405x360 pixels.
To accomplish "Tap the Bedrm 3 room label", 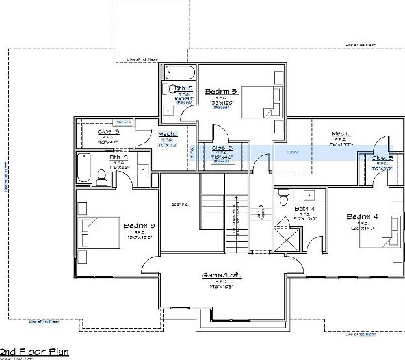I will pos(138,226).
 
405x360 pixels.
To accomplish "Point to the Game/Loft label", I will pos(221,276).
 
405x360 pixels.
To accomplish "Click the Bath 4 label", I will pos(304,209).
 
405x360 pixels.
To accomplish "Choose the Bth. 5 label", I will pos(183,88).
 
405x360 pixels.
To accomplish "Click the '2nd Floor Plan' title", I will pos(38,352).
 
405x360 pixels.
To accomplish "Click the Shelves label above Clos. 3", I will pos(123,122).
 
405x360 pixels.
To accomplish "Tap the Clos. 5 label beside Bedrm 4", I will pos(382,158).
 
